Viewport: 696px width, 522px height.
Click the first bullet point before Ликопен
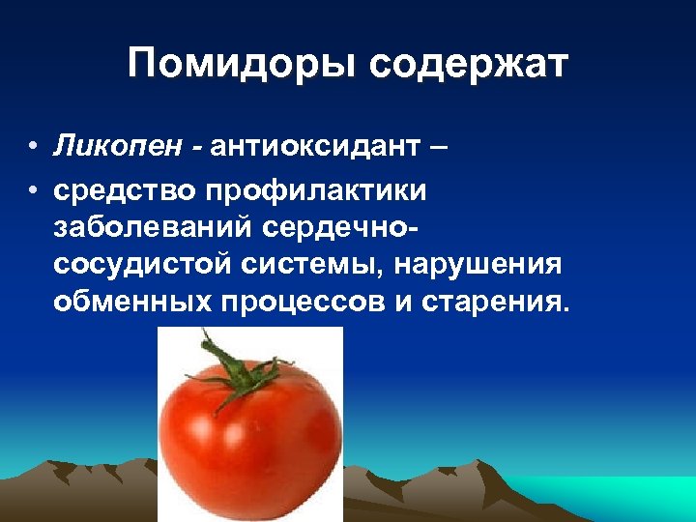[x=33, y=148]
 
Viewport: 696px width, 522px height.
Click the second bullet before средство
[x=33, y=191]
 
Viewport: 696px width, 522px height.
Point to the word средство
[x=124, y=190]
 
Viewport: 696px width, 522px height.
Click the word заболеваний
[x=153, y=228]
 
